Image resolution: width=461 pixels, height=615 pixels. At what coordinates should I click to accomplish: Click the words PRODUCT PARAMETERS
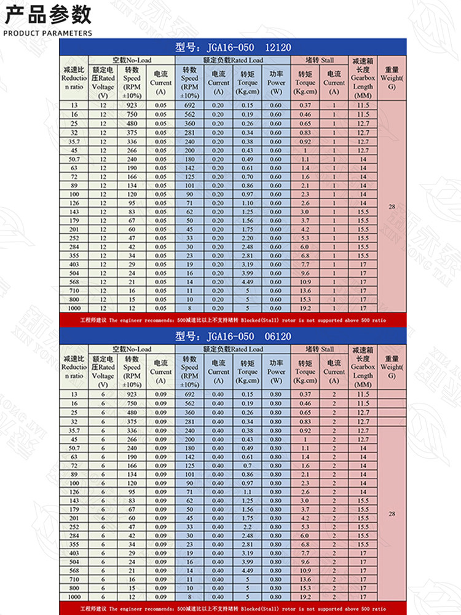point(48,33)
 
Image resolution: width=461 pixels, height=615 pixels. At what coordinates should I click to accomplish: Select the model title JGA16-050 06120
point(233,336)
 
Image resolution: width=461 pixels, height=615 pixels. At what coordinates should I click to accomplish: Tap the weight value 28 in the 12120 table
point(392,207)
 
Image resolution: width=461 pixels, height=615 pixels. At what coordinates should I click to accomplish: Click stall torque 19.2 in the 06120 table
point(305,597)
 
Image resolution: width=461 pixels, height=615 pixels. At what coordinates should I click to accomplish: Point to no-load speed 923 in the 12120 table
point(132,106)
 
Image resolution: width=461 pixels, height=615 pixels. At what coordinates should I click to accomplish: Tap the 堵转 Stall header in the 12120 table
point(320,60)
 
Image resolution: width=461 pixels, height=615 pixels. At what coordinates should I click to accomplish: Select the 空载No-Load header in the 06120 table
point(131,349)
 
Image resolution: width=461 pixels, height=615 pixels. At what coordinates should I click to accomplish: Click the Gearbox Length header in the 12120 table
point(363,78)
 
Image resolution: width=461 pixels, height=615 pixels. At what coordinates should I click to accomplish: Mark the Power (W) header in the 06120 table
point(276,371)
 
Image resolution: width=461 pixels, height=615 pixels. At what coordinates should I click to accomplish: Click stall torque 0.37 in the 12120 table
point(305,106)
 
